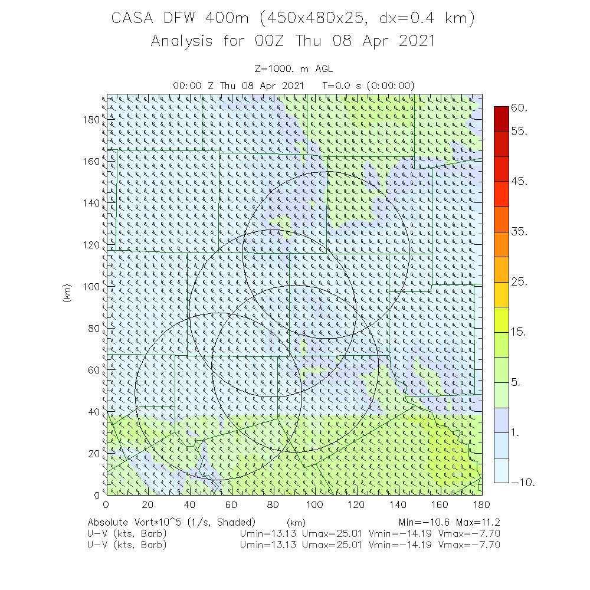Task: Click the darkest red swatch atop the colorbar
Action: [501, 119]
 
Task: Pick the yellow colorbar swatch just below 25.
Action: [501, 294]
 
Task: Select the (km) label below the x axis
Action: [296, 523]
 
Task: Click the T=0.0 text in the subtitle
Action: [339, 86]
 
